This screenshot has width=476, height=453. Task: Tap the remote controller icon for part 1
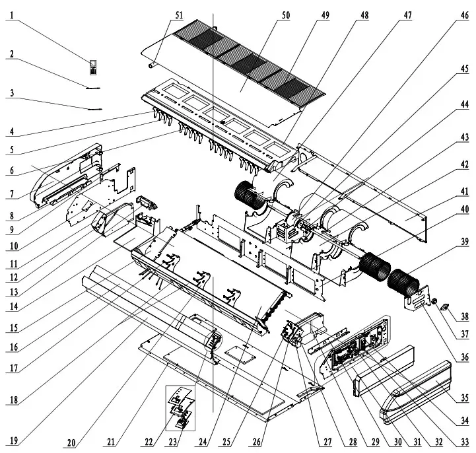(93, 66)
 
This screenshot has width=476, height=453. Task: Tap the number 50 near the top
(285, 15)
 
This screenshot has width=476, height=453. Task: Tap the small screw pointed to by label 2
(92, 87)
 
